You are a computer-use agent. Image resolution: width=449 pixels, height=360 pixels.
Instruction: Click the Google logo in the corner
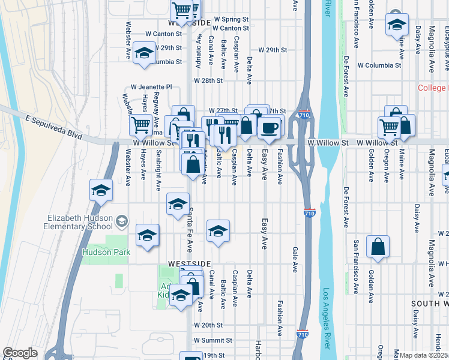[x=20, y=353]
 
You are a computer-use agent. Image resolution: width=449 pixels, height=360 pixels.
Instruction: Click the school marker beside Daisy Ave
[x=396, y=25]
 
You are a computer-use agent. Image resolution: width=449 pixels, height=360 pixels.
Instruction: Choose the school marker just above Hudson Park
[x=147, y=236]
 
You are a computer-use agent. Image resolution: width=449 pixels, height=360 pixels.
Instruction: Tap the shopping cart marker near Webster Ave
[x=140, y=125]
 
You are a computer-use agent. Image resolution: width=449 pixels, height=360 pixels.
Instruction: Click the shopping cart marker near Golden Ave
[x=389, y=126]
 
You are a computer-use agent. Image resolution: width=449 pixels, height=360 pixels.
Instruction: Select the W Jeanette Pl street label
[x=152, y=87]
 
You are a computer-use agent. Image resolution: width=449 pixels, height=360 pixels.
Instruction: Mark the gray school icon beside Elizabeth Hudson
[x=121, y=221]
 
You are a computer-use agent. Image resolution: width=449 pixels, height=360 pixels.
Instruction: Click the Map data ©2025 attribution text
[x=423, y=355]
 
